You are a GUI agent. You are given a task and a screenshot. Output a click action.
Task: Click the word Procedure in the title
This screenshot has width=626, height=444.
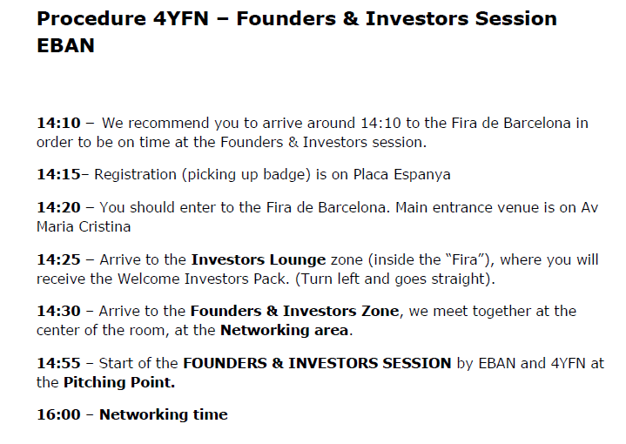click(91, 19)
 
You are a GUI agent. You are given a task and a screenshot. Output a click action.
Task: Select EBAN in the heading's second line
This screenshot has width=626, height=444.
click(66, 45)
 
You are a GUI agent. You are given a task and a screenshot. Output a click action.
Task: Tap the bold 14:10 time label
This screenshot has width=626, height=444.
click(58, 123)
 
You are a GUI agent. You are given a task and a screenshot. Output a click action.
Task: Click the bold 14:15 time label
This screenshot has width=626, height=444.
click(58, 175)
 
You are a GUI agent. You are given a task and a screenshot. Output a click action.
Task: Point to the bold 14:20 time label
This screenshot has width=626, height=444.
click(58, 207)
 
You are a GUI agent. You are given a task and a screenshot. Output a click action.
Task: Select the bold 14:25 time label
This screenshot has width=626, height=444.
click(58, 260)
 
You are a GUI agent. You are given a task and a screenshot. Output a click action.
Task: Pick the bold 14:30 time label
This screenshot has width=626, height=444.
click(58, 311)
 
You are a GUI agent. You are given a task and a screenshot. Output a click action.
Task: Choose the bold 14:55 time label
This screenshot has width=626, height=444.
click(58, 363)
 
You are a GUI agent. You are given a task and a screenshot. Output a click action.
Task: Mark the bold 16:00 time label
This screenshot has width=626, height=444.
click(58, 415)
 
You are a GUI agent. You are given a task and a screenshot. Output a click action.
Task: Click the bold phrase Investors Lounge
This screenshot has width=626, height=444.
click(259, 260)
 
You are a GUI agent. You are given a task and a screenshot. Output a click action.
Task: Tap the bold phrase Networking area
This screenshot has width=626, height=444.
click(284, 331)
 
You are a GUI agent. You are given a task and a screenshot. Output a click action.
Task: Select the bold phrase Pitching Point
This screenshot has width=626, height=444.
click(119, 382)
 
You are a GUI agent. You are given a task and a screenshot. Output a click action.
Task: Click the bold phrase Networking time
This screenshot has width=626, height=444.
click(164, 415)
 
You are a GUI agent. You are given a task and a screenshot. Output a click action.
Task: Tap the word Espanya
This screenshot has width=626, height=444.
click(422, 175)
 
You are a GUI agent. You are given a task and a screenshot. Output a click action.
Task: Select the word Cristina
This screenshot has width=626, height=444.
click(104, 227)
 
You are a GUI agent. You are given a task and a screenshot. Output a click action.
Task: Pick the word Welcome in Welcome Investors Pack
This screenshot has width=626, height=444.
click(148, 279)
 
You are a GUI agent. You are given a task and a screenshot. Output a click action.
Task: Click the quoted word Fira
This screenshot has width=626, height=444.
click(465, 260)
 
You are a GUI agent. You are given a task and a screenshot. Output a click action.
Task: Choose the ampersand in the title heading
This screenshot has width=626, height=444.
click(351, 19)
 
